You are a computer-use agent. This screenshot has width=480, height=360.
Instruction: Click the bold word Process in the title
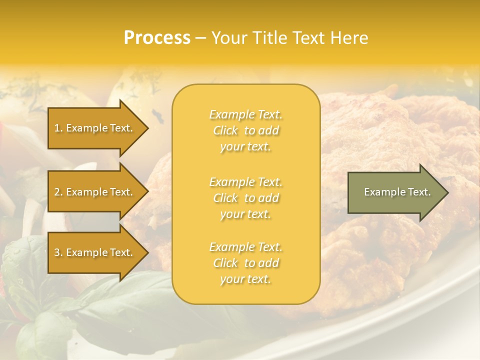click(157, 38)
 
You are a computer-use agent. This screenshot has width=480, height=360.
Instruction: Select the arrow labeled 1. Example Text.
click(95, 128)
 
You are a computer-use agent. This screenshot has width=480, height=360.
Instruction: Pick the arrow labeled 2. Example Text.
click(95, 192)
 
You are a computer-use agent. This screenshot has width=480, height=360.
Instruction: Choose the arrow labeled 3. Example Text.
click(95, 252)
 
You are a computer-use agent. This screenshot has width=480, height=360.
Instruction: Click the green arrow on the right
click(395, 192)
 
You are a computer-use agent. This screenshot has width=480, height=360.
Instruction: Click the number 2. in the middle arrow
click(58, 192)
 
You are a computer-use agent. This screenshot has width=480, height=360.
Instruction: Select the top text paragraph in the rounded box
click(245, 130)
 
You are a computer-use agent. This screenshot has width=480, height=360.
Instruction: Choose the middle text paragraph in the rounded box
click(245, 198)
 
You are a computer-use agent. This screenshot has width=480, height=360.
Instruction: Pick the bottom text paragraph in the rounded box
click(245, 263)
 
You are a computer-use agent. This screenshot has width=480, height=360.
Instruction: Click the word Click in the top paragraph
click(225, 130)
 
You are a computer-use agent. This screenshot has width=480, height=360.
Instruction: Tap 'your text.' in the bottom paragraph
click(245, 279)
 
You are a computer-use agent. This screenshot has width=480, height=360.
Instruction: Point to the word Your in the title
click(228, 38)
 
